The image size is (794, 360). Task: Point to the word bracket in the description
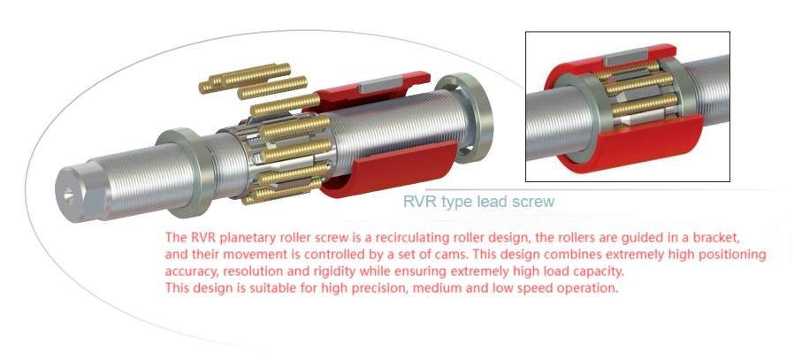(x=725, y=237)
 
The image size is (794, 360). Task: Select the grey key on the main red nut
(x=380, y=83)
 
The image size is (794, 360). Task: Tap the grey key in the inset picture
(x=625, y=55)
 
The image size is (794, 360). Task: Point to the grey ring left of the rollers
(x=186, y=172)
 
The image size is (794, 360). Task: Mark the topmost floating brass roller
(x=245, y=78)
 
